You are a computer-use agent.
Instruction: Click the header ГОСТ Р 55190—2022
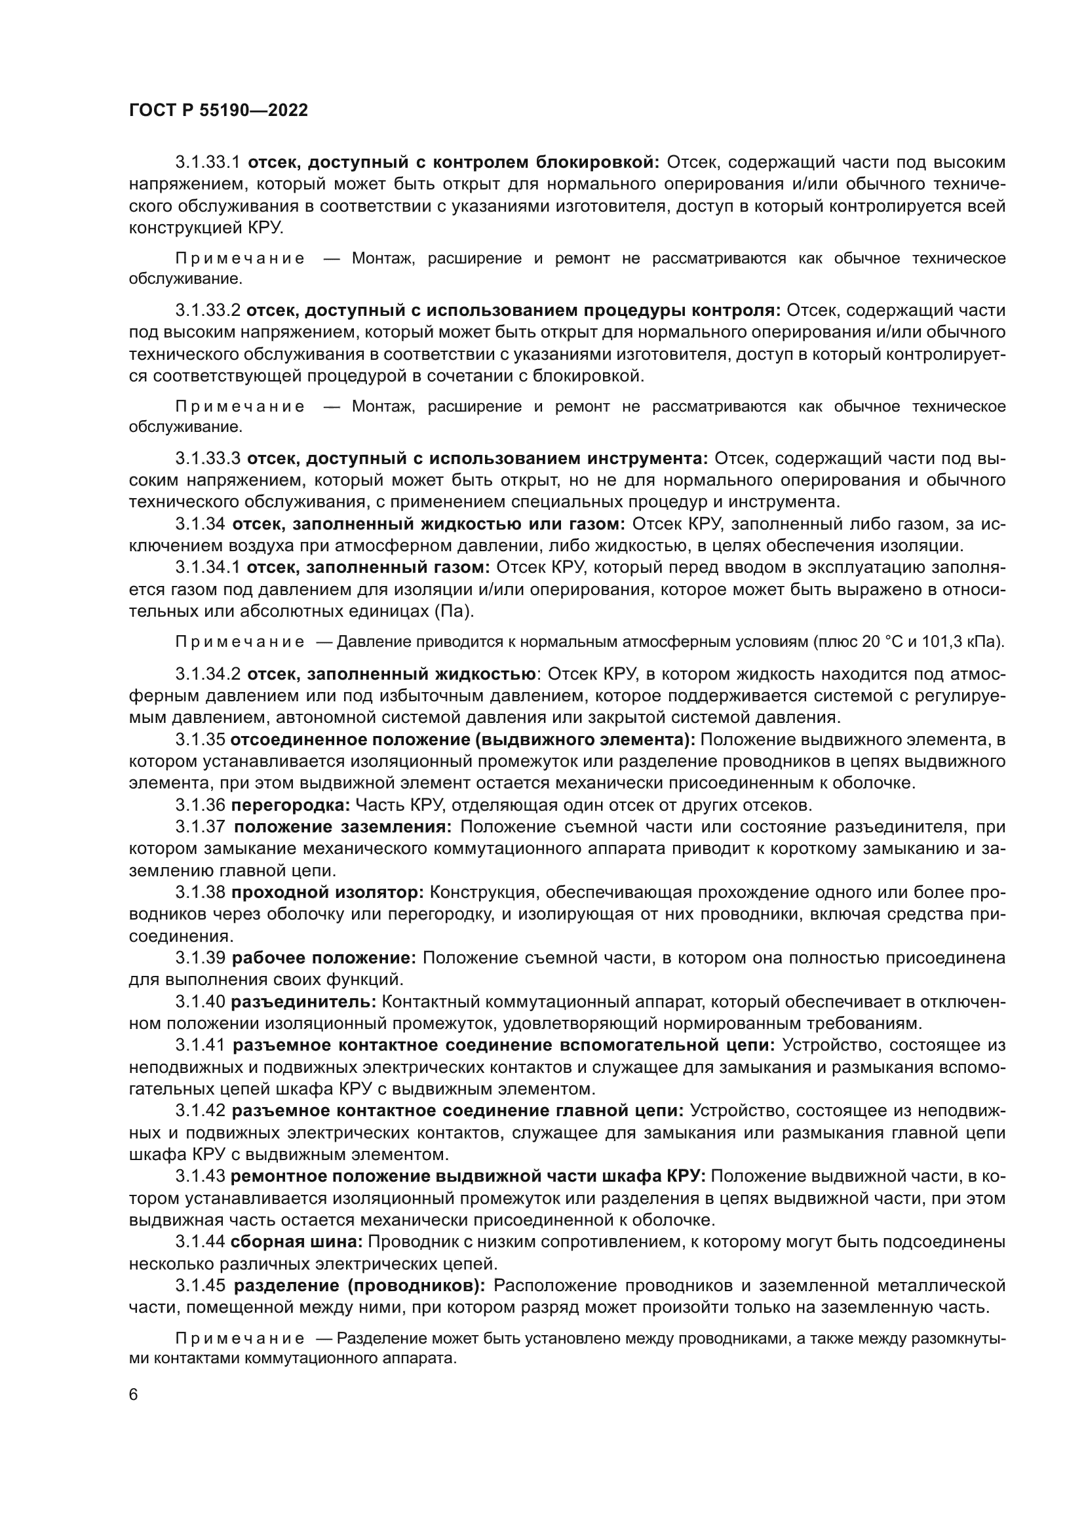pyautogui.click(x=218, y=111)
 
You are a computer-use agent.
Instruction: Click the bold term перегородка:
pyautogui.click(x=290, y=805)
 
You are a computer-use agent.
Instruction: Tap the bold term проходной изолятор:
pyautogui.click(x=327, y=893)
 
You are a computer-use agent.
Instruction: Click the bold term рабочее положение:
pyautogui.click(x=324, y=958)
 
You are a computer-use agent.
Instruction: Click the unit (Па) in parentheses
pyautogui.click(x=454, y=611)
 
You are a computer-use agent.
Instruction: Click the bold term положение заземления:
pyautogui.click(x=342, y=826)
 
